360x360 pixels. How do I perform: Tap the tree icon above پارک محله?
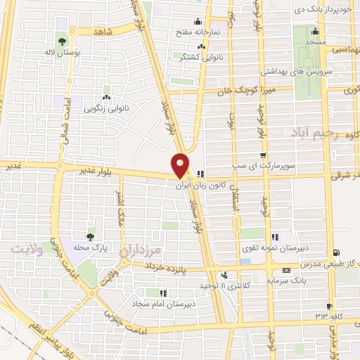click(x=89, y=236)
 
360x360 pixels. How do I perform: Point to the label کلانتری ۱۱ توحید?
click(x=224, y=286)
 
